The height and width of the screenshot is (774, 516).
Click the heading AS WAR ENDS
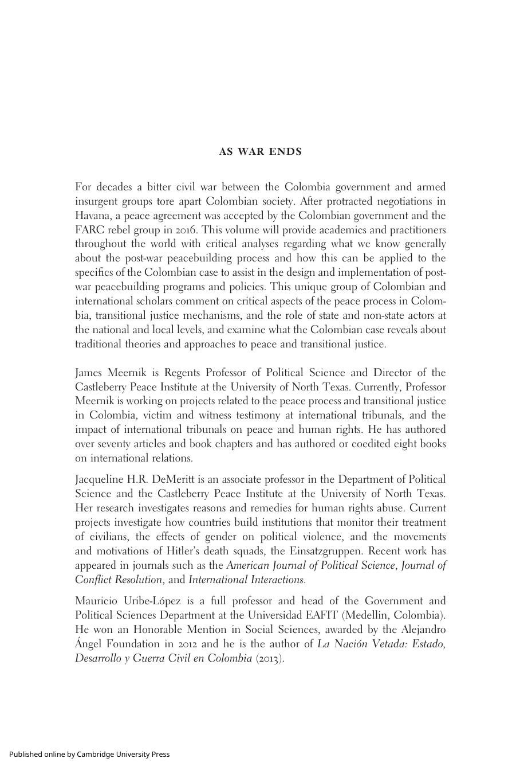[260, 152]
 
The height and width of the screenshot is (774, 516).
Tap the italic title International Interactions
[246, 580]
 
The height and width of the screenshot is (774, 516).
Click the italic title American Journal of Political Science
[310, 565]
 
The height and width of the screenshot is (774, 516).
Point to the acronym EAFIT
[321, 615]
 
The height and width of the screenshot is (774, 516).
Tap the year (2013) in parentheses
[270, 658]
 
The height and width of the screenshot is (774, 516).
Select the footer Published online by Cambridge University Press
[89, 754]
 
